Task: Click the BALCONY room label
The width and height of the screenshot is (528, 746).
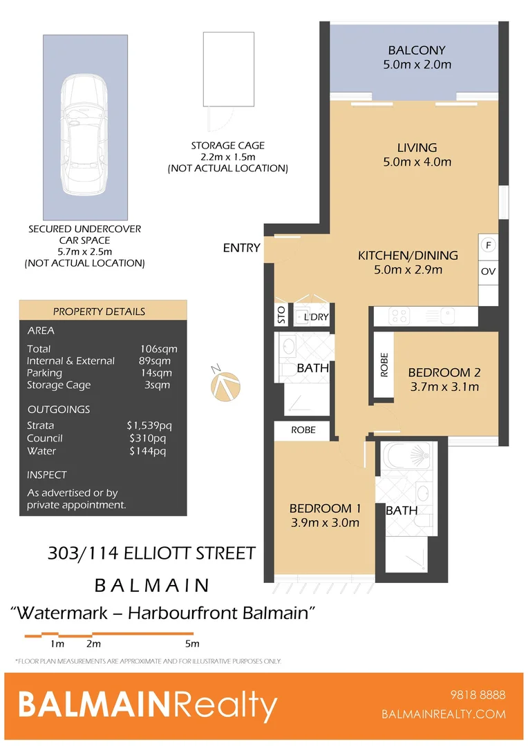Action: click(x=416, y=50)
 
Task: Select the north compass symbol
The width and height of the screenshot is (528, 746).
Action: click(x=227, y=385)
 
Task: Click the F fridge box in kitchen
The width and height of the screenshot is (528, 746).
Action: click(x=488, y=245)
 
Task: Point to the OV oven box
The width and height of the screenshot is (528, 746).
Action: click(x=488, y=271)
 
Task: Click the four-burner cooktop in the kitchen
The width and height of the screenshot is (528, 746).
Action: click(x=399, y=316)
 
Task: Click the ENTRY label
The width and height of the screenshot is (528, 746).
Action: click(x=241, y=248)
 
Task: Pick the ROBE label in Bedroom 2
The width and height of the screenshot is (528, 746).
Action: click(x=384, y=365)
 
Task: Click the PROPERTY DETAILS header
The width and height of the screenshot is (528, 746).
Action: click(x=99, y=312)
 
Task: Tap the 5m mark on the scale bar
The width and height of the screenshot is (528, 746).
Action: click(x=192, y=644)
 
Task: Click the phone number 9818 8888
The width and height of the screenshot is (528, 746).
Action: click(x=477, y=695)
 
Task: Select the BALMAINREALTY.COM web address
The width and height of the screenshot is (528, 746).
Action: click(x=444, y=715)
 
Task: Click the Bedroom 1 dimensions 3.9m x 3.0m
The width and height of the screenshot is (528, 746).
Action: click(x=324, y=523)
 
